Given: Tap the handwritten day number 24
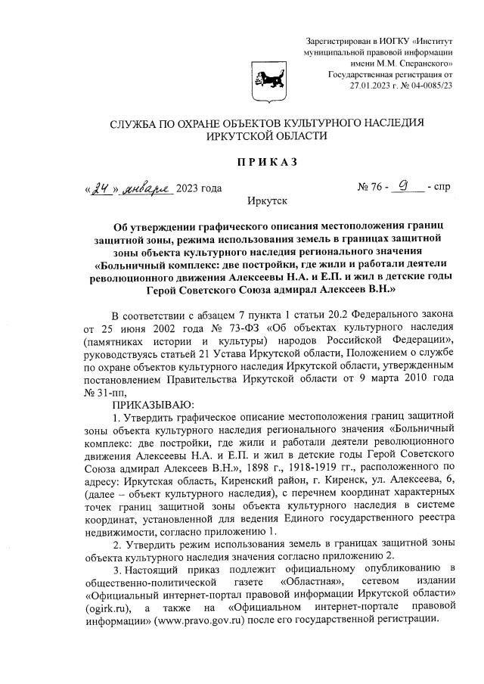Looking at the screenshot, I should pyautogui.click(x=96, y=188).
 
